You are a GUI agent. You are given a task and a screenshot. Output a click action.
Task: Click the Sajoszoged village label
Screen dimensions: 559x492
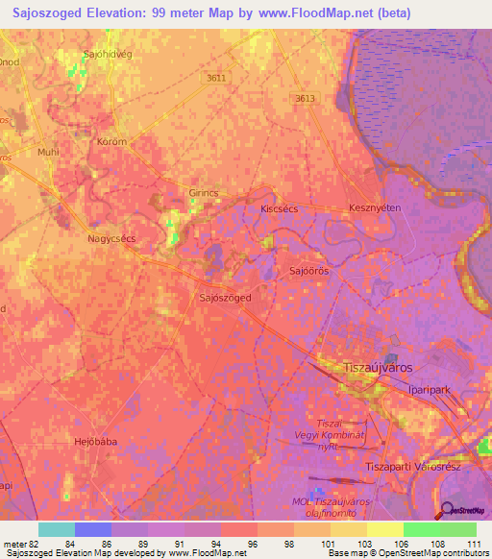coord(225,298)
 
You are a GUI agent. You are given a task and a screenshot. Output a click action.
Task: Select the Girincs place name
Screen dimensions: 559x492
coord(205,193)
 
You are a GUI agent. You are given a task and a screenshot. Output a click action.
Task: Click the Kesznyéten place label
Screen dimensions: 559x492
coord(374,208)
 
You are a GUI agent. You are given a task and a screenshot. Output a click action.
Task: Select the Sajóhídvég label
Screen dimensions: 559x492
coord(108,55)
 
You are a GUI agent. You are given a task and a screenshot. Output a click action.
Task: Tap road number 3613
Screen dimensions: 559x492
coord(306,98)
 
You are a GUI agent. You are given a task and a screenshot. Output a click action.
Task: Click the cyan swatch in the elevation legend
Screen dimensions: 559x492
coord(57,529)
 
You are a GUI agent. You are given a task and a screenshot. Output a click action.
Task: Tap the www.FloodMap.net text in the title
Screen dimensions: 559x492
coord(317,13)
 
